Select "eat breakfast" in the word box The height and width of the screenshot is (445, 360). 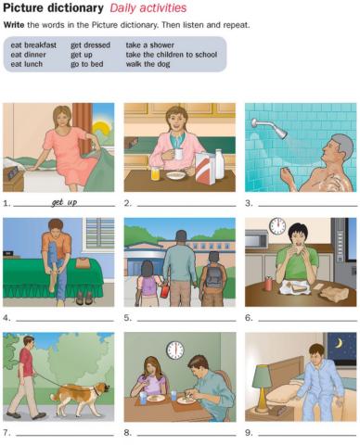pos(34,45)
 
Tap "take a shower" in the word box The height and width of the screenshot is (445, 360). pos(150,45)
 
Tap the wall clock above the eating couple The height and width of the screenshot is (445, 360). pos(174,350)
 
